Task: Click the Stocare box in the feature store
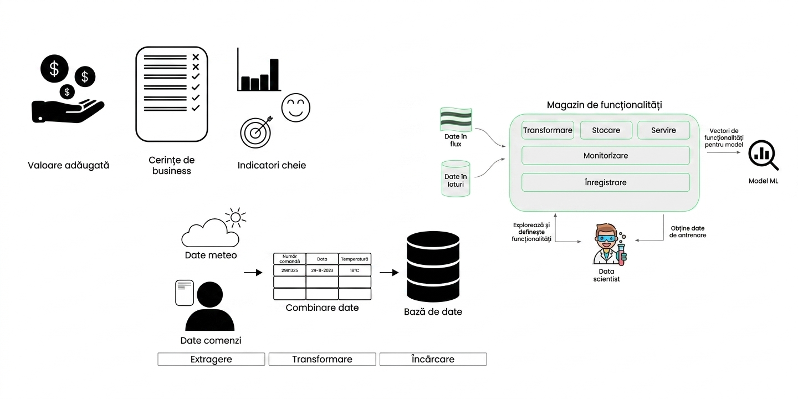(606, 130)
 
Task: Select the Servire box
(663, 130)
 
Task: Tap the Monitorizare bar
(606, 155)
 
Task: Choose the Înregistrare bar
(606, 182)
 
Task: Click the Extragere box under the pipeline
(211, 359)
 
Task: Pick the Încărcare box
(433, 359)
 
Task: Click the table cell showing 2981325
(290, 270)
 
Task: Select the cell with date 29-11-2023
(322, 270)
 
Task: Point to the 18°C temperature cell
(355, 270)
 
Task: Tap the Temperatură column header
(355, 259)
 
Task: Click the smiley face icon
(296, 108)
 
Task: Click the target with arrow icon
(256, 132)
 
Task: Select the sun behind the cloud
(236, 217)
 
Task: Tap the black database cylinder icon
(433, 267)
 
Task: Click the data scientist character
(608, 244)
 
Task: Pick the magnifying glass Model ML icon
(763, 155)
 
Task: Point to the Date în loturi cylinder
(456, 178)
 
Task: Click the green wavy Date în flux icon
(456, 119)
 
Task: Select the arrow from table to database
(389, 273)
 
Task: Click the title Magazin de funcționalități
(604, 105)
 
